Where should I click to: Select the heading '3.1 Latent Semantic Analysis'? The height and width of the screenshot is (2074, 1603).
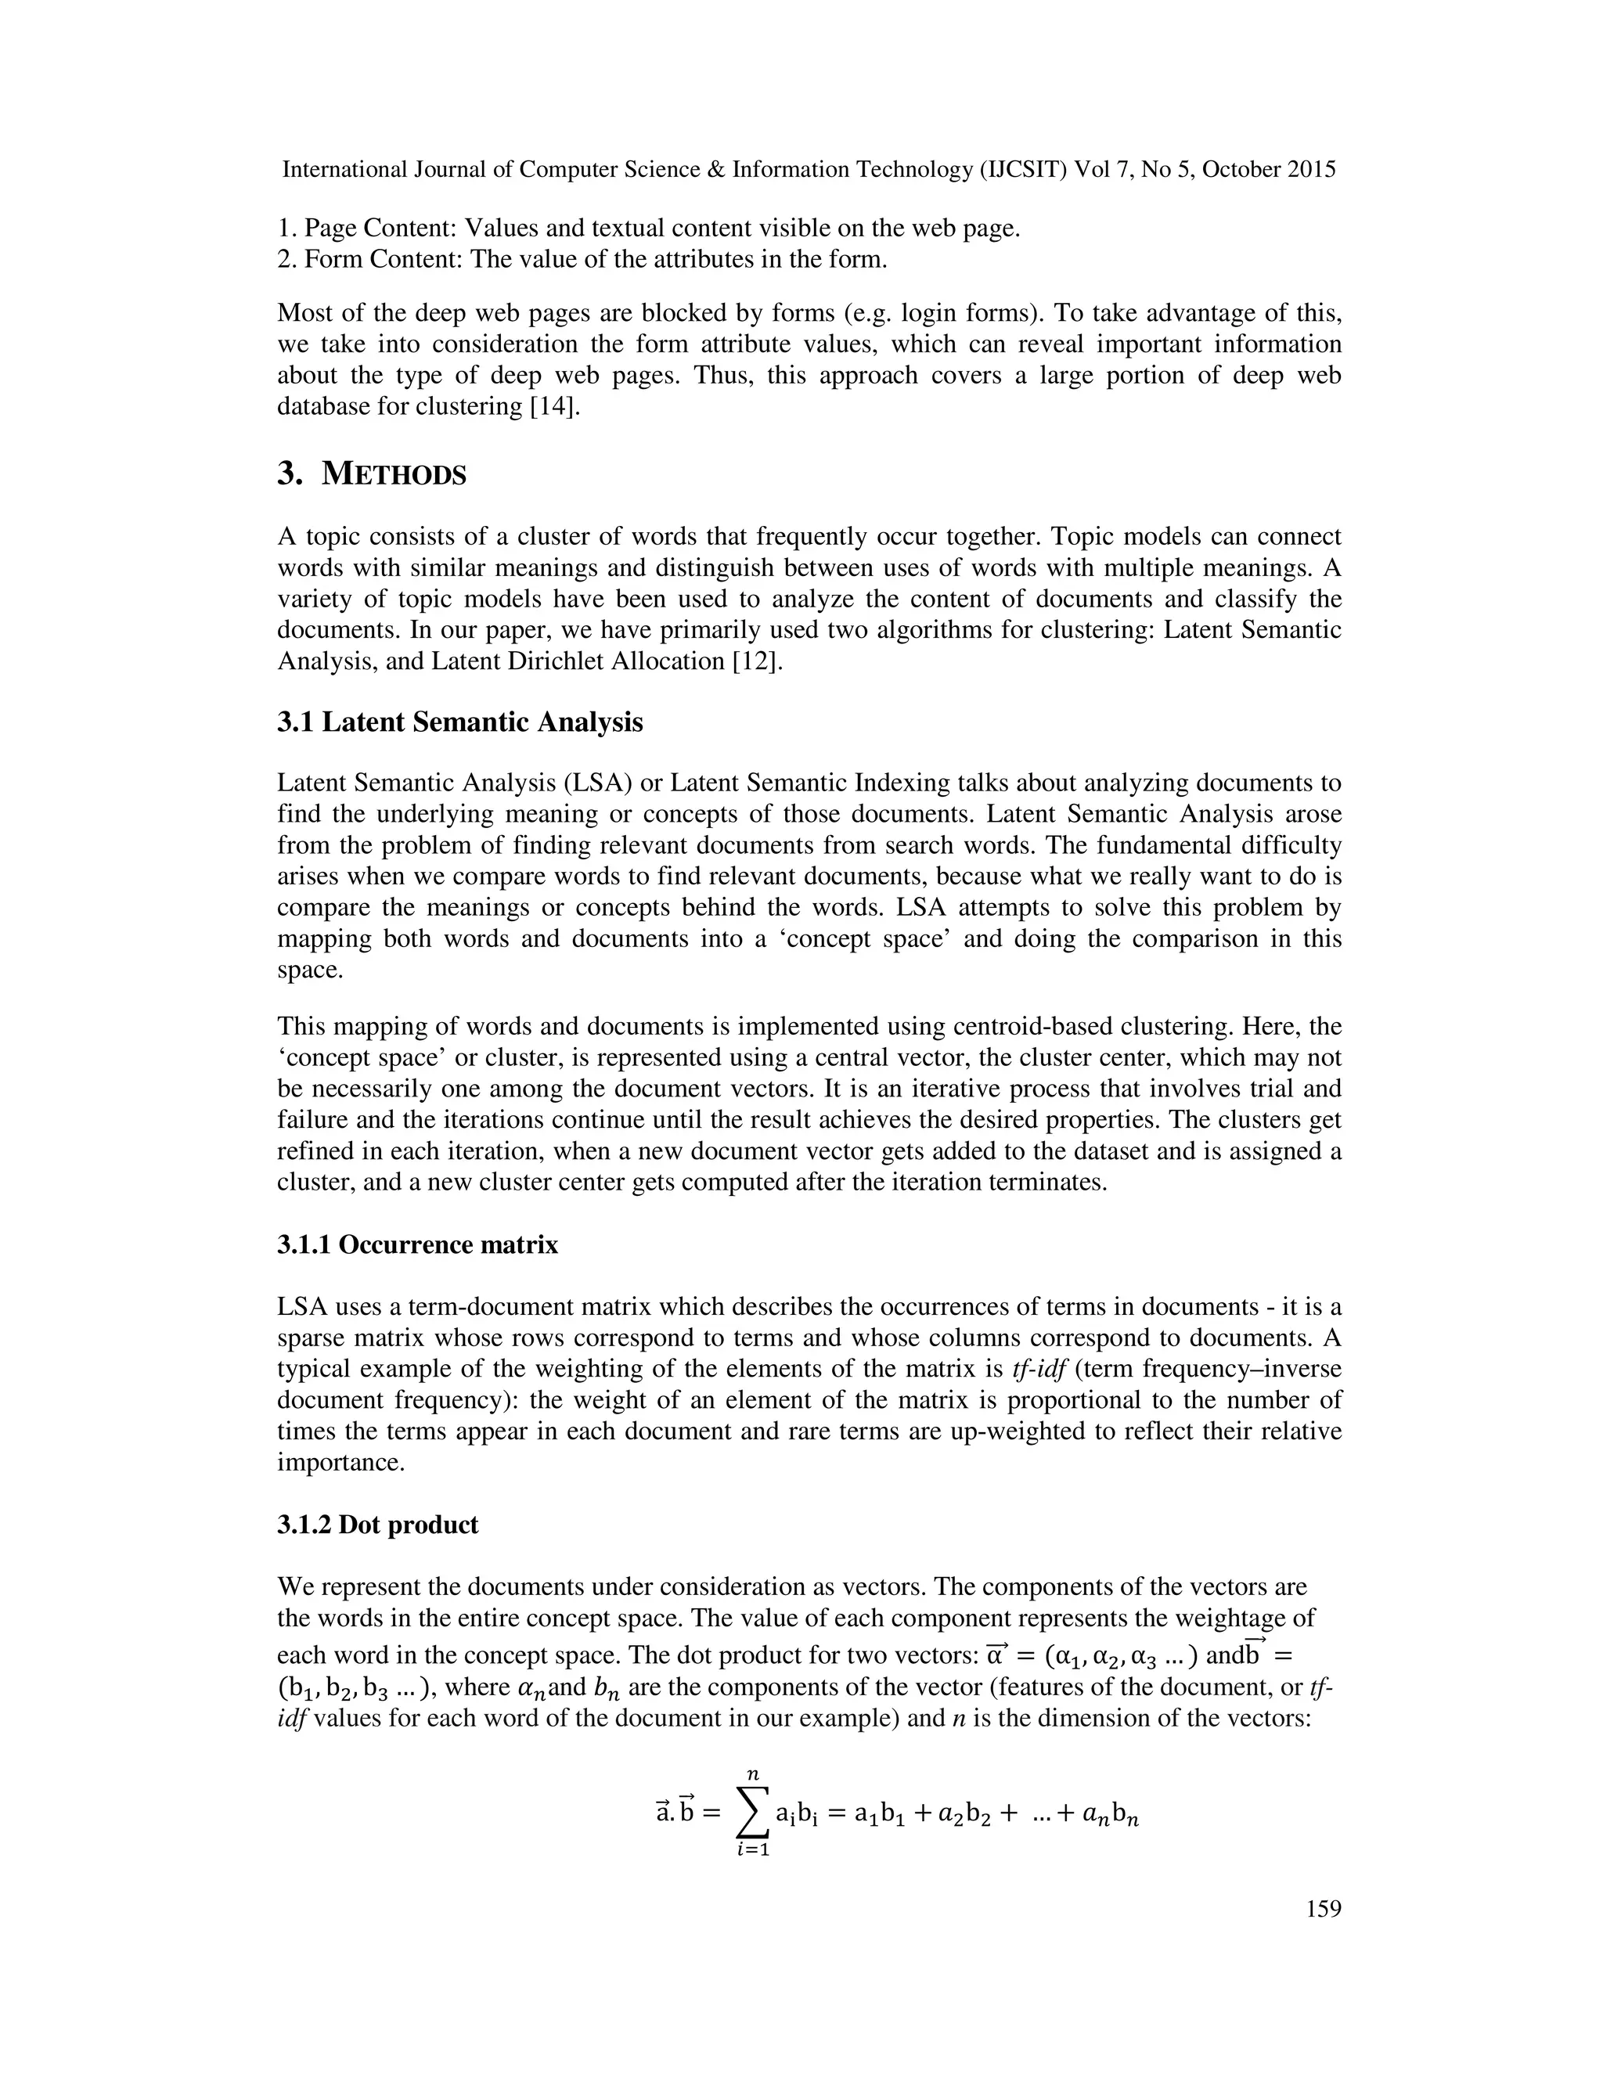[x=459, y=722]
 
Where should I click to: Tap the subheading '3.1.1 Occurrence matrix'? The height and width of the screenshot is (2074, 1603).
[x=418, y=1244]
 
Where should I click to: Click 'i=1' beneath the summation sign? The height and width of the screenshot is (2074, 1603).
[x=752, y=1874]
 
